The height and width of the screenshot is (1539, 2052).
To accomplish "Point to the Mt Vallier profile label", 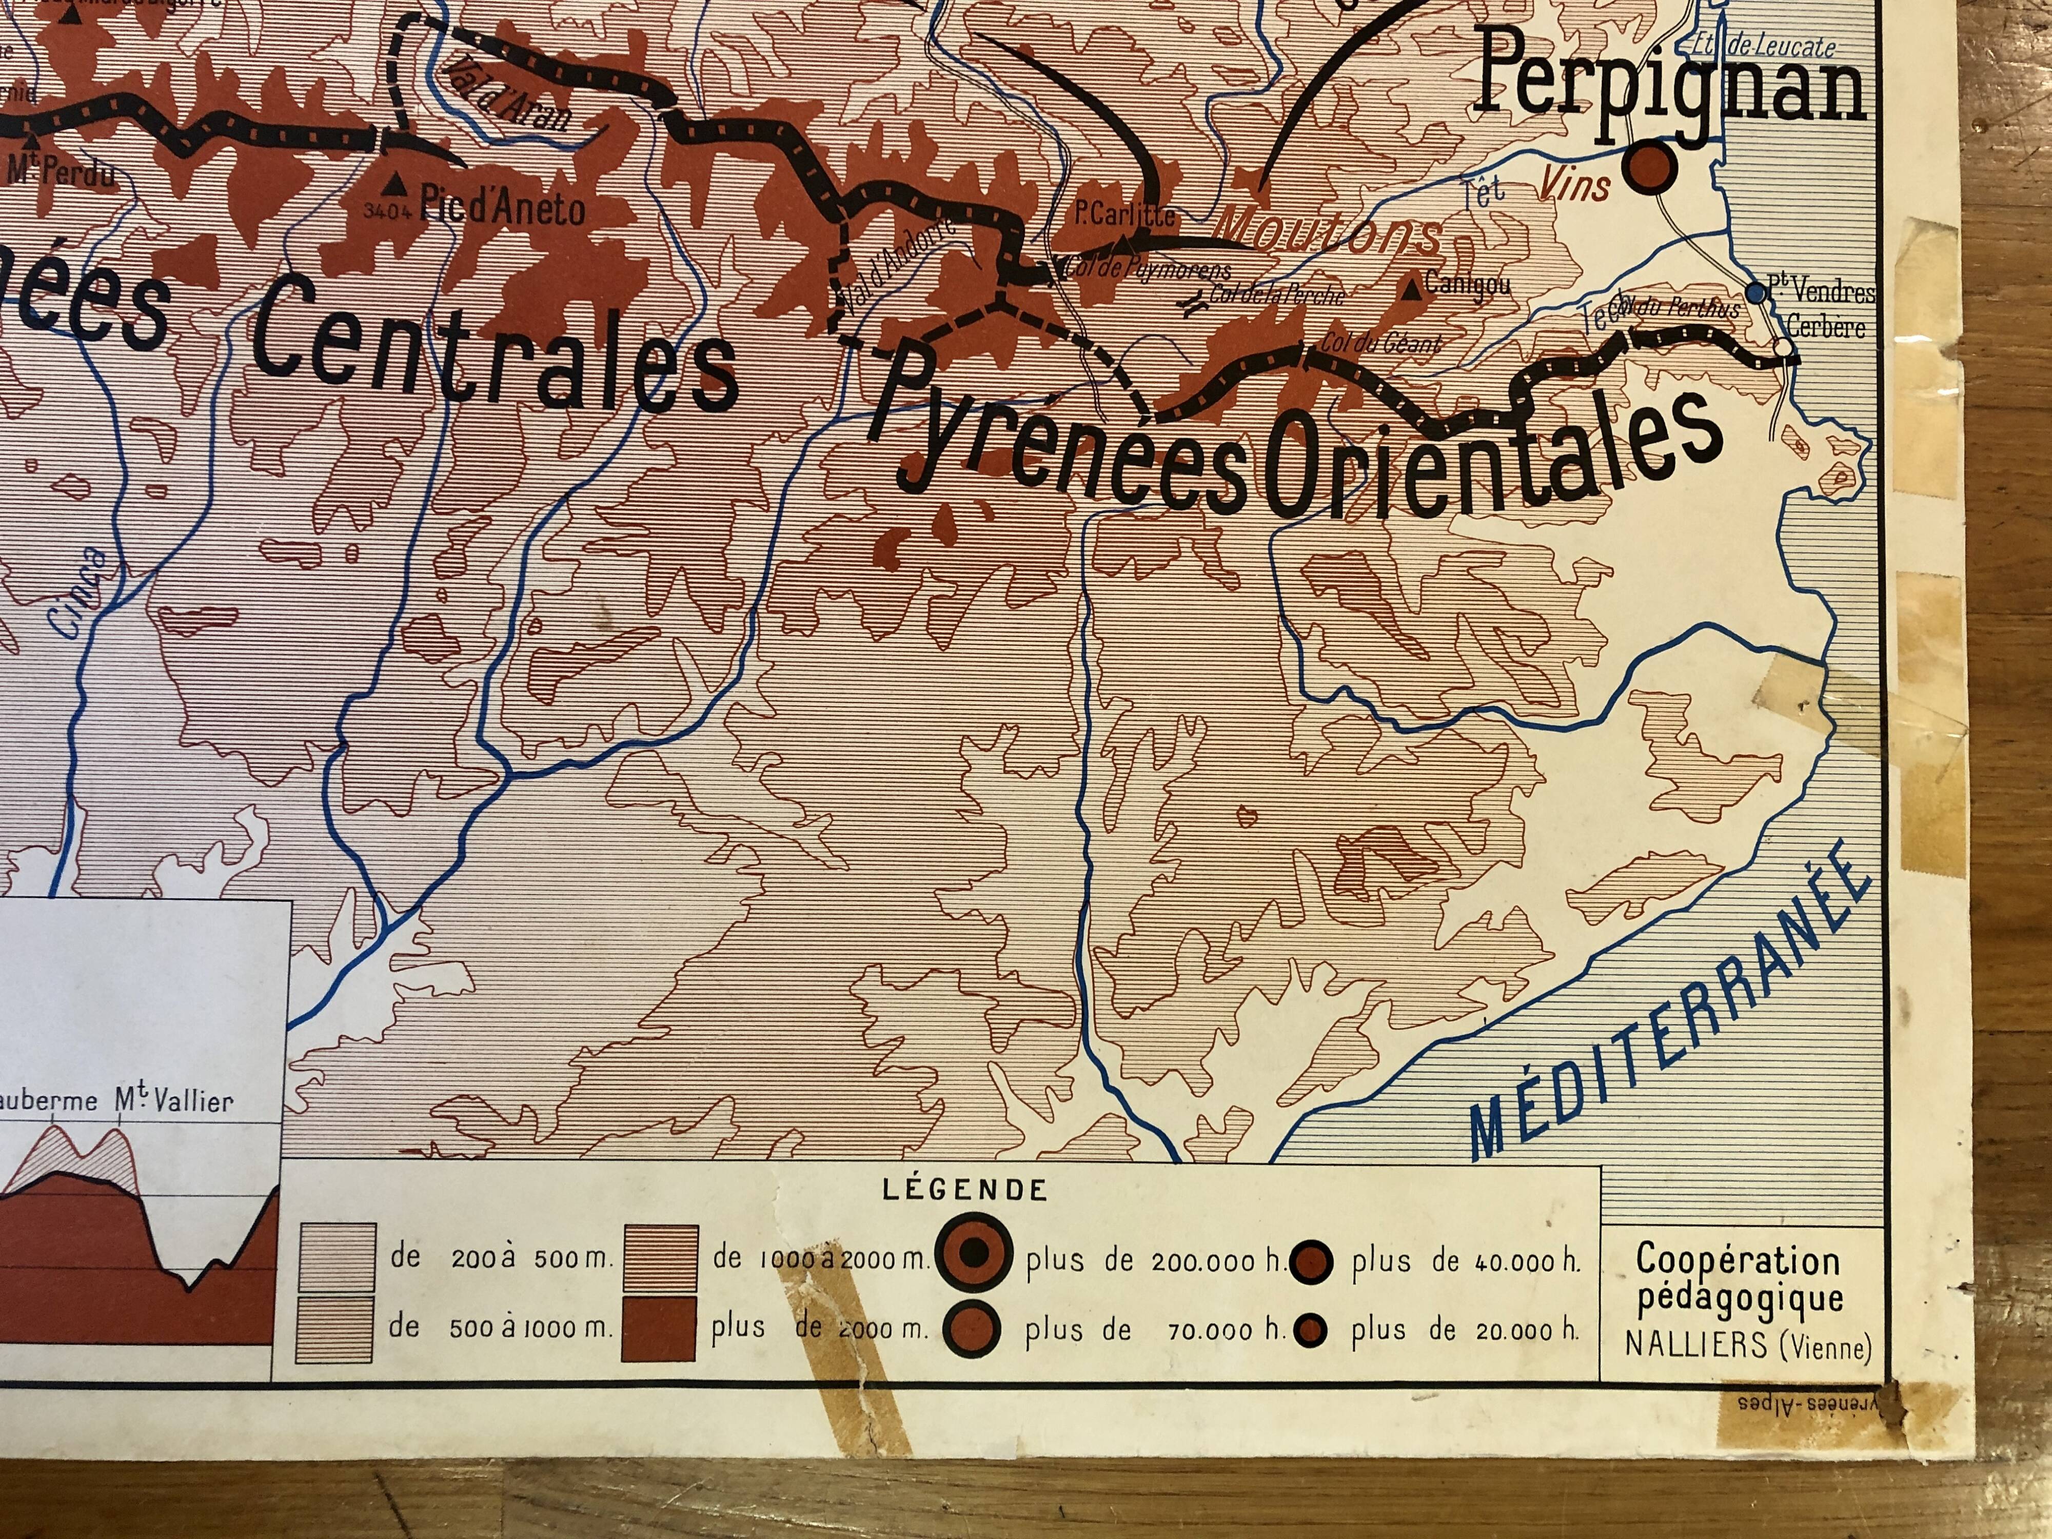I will tap(174, 1101).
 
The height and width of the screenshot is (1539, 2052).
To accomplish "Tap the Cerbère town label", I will tap(1826, 327).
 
